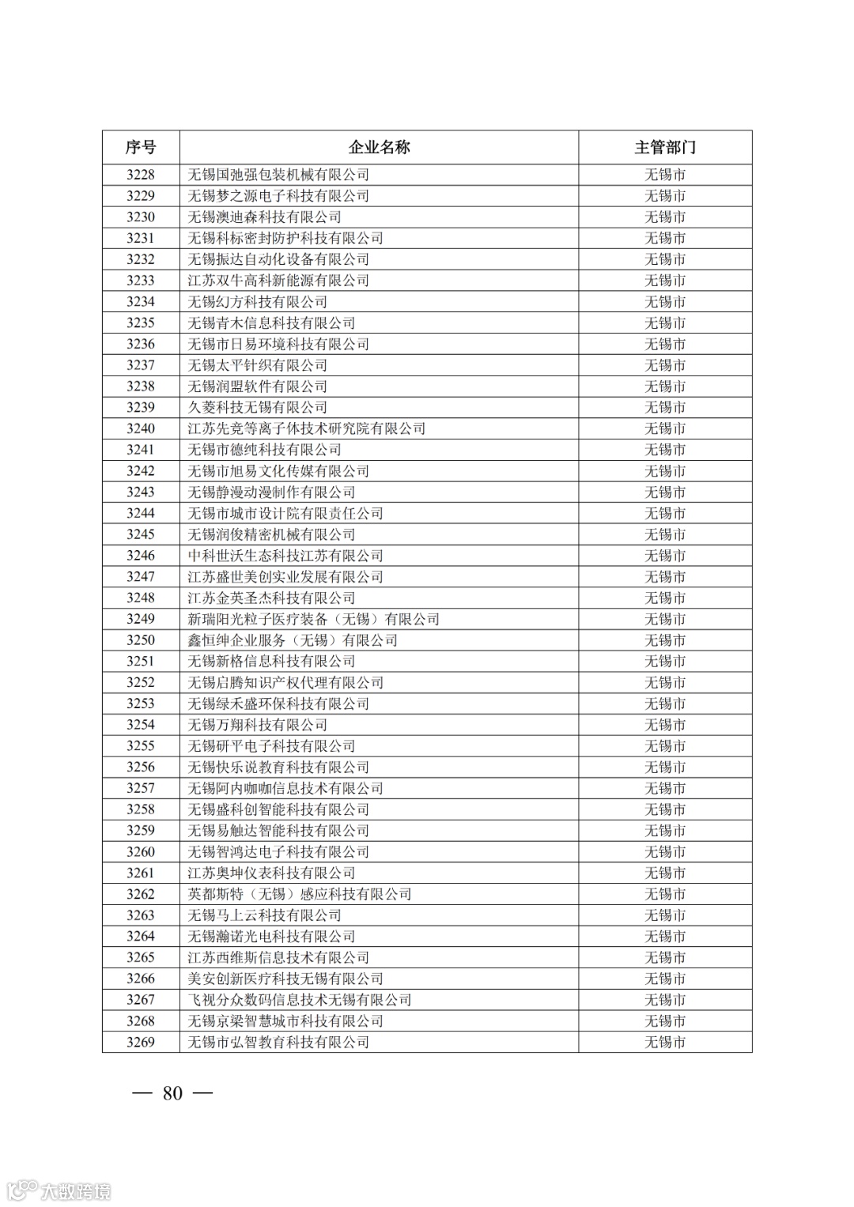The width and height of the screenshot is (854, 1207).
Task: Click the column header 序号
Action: pos(141,148)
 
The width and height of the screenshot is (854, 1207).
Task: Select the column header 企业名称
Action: pos(379,148)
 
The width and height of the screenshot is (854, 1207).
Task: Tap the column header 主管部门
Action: pos(664,148)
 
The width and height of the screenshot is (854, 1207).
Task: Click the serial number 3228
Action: pos(141,175)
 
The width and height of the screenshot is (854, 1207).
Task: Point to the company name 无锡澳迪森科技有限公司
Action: pos(264,217)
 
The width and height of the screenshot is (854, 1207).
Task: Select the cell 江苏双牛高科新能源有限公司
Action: pos(278,281)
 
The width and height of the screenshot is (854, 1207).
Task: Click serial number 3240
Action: pos(141,428)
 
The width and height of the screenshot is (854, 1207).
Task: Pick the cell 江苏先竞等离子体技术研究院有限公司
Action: pos(306,428)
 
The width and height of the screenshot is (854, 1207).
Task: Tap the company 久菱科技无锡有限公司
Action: pos(257,408)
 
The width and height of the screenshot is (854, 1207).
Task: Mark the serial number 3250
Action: pos(141,640)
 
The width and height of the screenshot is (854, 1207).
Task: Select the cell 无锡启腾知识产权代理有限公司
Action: pos(285,683)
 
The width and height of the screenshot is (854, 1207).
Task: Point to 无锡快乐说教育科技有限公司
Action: pos(278,768)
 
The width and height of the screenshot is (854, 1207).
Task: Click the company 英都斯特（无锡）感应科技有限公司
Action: pos(299,894)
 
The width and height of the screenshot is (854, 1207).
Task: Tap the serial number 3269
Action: pos(141,1042)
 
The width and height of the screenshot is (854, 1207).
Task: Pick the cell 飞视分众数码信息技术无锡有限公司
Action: pos(299,1000)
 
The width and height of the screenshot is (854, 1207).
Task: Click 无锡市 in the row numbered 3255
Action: pos(664,746)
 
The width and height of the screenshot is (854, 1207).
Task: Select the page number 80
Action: pos(172,1093)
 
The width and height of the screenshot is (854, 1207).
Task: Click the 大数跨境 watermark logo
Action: pos(59,1190)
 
